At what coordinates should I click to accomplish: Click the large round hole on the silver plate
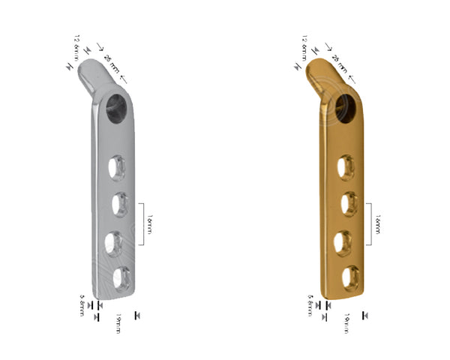(118, 106)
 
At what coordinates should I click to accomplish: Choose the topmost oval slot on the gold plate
(346, 166)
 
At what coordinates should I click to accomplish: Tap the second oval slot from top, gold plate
(346, 204)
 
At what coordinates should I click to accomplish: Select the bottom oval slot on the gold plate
(348, 278)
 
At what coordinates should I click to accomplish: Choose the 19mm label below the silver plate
(118, 324)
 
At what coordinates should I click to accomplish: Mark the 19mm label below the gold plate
(347, 324)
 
